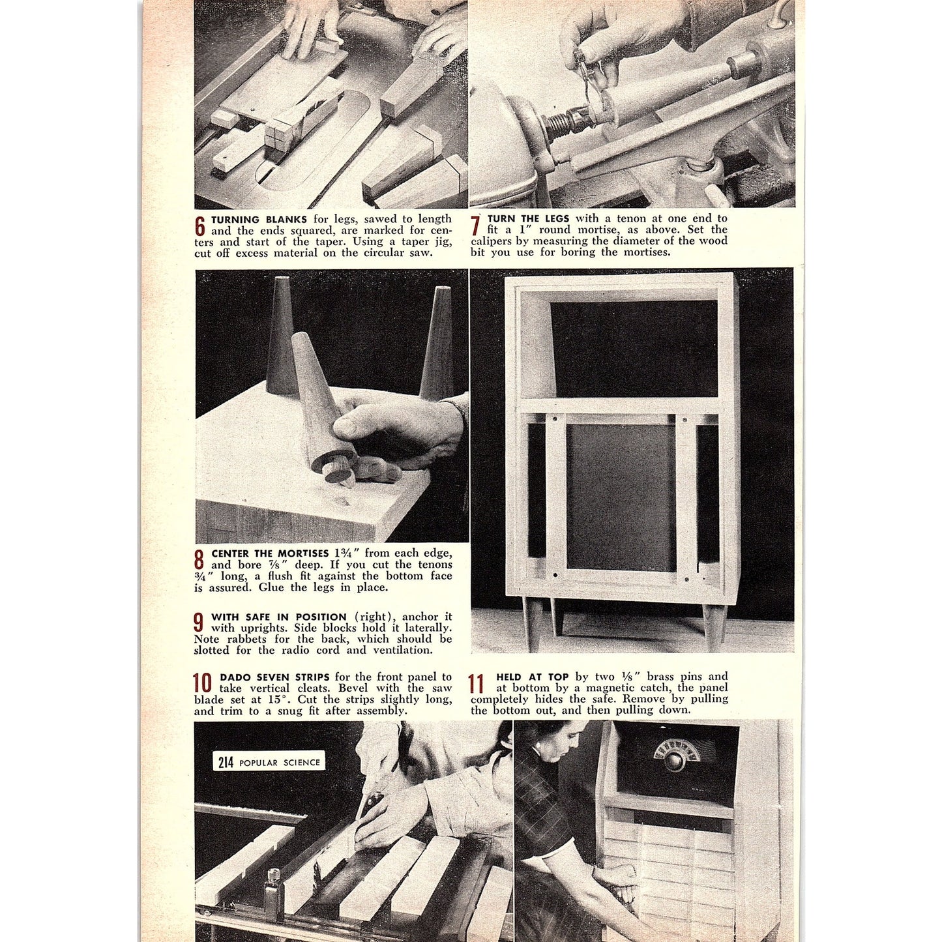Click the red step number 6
200,226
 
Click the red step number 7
476,225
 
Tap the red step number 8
199,559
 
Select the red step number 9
199,622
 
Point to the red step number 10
203,683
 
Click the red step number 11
477,683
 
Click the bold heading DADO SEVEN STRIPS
274,677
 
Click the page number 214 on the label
226,762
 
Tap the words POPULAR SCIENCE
280,763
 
